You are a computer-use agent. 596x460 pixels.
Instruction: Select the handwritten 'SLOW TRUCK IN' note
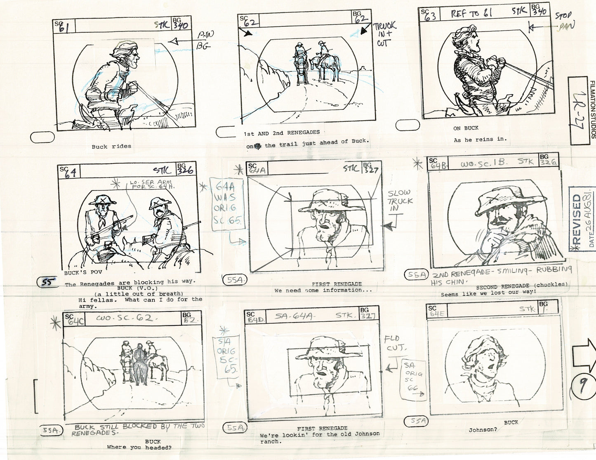tap(399, 201)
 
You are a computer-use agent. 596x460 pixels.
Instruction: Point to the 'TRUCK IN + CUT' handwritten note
tap(384, 34)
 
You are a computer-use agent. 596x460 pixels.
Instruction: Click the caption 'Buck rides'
tap(111, 146)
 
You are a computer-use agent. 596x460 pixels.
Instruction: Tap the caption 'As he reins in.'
tap(480, 139)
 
